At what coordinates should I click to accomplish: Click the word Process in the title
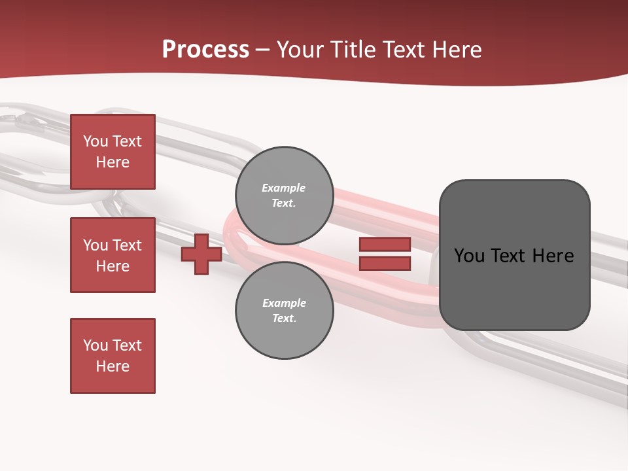click(205, 50)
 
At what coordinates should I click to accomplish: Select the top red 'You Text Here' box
click(113, 152)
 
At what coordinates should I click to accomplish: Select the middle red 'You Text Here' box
click(113, 255)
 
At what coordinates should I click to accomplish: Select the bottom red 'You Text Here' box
click(113, 356)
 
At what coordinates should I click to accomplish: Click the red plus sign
click(201, 254)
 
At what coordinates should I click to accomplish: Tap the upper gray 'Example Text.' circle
click(284, 196)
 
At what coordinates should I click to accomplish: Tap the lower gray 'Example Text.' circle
click(284, 310)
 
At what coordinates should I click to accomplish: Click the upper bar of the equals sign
click(385, 244)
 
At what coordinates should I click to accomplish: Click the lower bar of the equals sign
click(385, 264)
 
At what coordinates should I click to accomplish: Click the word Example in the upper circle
click(284, 188)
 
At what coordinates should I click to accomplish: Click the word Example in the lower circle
click(284, 303)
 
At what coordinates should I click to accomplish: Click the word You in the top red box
click(96, 141)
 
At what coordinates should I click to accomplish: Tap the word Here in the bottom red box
click(113, 366)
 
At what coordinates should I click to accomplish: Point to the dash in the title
click(263, 50)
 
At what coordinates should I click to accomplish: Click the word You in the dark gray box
click(469, 256)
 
